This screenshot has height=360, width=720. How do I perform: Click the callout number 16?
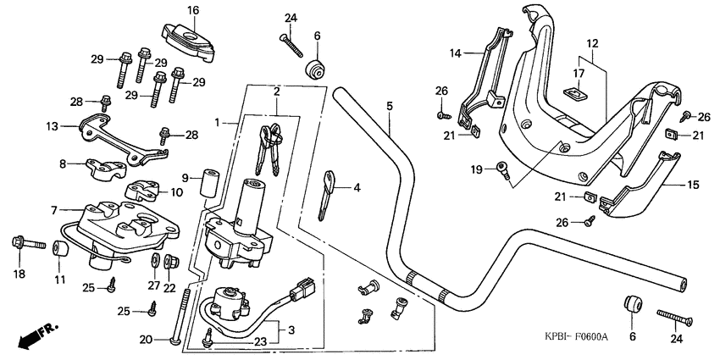(193, 10)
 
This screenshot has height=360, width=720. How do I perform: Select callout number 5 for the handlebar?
(390, 106)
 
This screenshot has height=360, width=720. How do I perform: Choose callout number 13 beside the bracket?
(53, 126)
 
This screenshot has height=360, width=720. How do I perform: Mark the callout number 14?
(455, 53)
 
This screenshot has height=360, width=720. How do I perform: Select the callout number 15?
(592, 42)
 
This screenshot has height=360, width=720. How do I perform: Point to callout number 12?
(592, 42)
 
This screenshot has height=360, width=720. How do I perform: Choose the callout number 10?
(177, 193)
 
